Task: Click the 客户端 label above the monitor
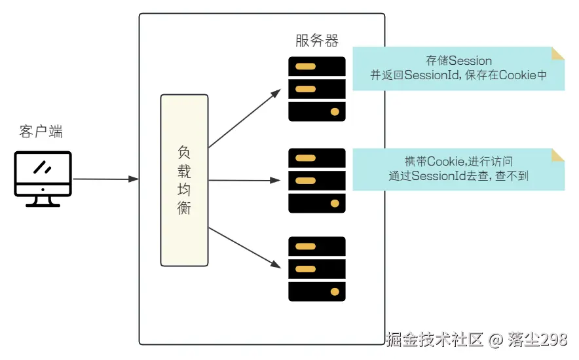(x=41, y=132)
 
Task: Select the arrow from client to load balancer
(x=105, y=179)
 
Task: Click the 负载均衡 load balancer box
(x=184, y=180)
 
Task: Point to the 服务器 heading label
(x=317, y=41)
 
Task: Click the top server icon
(x=317, y=89)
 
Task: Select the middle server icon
(x=317, y=180)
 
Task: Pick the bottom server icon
(x=317, y=268)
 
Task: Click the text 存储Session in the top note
(x=458, y=61)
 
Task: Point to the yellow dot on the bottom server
(x=335, y=292)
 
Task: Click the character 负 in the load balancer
(x=184, y=151)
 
